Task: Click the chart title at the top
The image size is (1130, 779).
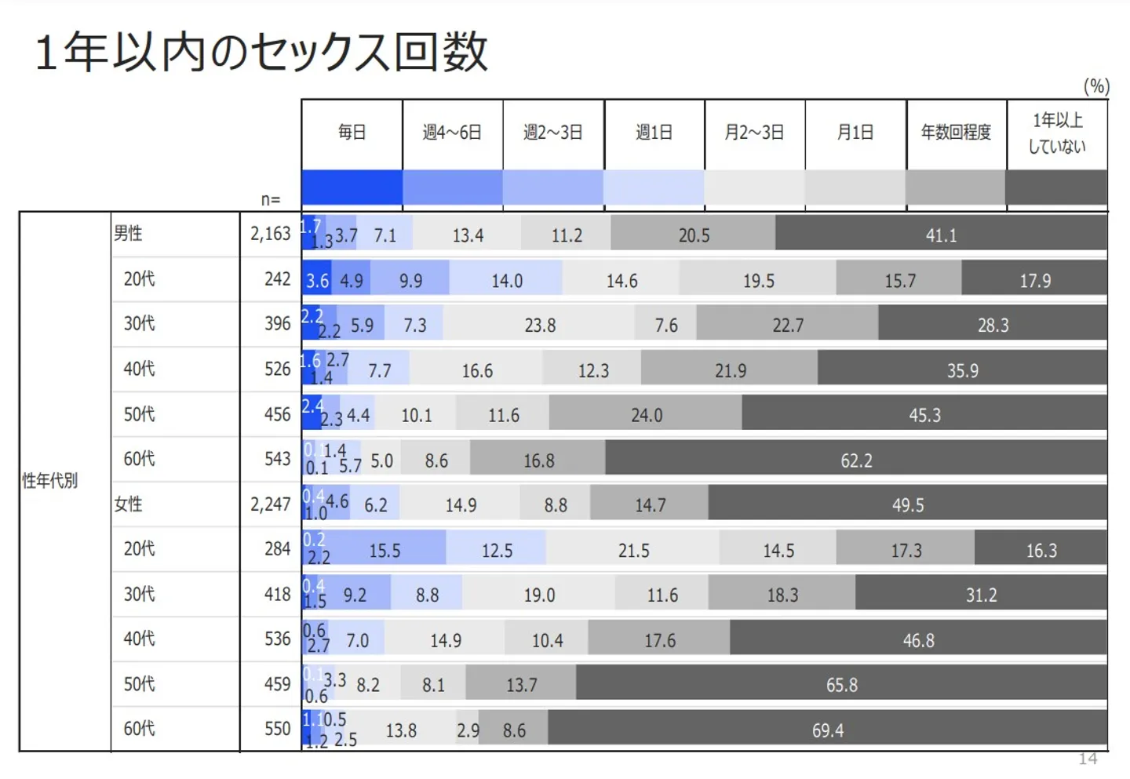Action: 262,52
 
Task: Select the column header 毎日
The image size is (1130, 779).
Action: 352,133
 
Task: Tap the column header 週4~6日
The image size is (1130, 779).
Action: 452,133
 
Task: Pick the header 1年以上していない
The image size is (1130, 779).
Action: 1057,133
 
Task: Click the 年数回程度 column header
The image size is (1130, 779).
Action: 956,133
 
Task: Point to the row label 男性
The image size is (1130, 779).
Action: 129,234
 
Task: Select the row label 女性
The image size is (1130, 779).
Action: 129,504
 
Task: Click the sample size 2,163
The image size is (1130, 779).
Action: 270,234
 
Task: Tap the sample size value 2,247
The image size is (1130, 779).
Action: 270,504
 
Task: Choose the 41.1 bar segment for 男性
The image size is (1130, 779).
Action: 941,235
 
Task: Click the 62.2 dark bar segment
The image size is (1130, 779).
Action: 856,460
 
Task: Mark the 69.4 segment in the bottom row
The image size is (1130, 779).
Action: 828,730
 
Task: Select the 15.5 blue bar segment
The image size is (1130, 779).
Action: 385,551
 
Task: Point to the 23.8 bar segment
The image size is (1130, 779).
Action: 540,325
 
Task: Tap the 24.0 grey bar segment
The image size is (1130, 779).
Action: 647,415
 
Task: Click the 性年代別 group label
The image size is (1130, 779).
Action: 50,481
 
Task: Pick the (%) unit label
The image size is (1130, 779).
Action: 1096,86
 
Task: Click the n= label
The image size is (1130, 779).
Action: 271,200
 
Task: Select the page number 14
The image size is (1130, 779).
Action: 1088,759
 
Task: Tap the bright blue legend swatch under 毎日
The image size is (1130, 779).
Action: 352,188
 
